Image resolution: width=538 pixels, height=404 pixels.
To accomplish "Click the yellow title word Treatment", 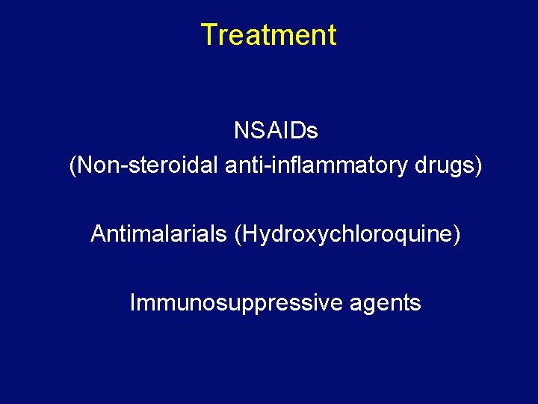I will pos(268,35).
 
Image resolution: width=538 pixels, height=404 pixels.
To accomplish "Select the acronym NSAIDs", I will pos(276,131).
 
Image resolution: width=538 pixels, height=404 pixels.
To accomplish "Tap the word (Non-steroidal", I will pos(143,166).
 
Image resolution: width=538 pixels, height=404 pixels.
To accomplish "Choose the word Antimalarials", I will pos(158,234).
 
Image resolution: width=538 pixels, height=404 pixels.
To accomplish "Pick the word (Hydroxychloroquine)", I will pos(347,234).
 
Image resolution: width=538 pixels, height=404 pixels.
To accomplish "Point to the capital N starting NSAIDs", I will pos(241,131).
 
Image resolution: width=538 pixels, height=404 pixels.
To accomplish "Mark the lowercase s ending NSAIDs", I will pos(313,131).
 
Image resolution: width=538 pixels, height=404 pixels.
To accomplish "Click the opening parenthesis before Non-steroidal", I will pos(72,166).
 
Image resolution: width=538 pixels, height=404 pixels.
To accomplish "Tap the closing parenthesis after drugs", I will pos(479,166).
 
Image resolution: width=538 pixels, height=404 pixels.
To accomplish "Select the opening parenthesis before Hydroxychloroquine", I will pos(238,234).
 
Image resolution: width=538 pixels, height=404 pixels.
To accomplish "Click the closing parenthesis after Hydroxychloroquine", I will pos(457,234).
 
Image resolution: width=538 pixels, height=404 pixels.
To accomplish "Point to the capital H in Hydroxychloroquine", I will pos(247,234).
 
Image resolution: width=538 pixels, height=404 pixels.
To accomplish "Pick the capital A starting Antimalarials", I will pos(97,234).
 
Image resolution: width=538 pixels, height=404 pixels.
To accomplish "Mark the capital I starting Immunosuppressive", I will pos(133,303).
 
